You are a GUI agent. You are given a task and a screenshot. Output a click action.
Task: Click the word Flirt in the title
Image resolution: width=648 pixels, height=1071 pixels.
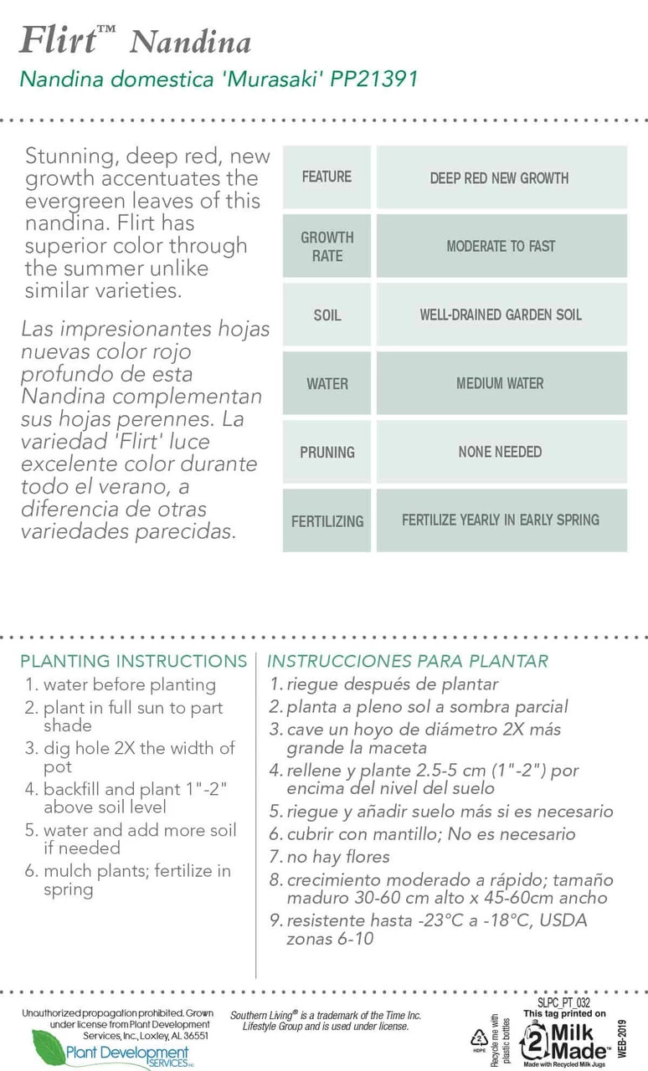click(x=57, y=39)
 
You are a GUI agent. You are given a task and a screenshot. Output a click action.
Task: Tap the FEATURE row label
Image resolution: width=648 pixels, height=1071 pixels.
click(x=327, y=177)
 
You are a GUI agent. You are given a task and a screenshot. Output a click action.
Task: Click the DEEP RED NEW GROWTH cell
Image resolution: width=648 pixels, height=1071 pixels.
click(x=500, y=178)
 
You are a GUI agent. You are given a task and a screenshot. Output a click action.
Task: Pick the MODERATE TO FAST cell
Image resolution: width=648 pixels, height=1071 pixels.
click(x=501, y=247)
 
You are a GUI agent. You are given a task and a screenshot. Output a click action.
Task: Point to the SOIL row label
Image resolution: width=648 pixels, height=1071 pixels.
click(x=327, y=315)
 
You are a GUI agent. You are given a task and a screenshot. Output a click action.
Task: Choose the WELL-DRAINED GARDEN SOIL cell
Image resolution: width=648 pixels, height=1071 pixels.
click(x=501, y=315)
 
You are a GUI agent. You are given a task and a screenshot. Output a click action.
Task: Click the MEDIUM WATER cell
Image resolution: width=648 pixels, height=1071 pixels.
click(x=501, y=384)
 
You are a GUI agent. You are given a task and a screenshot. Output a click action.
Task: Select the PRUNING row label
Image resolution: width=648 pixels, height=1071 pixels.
click(x=327, y=453)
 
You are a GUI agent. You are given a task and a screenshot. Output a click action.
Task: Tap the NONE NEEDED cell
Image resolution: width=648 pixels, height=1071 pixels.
click(x=501, y=453)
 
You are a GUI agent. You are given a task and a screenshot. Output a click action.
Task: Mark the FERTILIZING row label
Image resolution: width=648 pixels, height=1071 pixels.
click(x=327, y=521)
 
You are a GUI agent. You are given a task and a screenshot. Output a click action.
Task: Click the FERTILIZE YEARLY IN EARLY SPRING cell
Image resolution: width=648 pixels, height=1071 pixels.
click(x=501, y=520)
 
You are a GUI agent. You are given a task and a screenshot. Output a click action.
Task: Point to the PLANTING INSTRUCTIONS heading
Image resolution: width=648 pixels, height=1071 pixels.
click(x=134, y=661)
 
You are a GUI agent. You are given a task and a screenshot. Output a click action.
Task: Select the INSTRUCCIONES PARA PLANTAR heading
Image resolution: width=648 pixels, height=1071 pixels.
click(x=408, y=661)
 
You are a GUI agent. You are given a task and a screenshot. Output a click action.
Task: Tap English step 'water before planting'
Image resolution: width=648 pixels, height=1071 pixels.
click(x=129, y=684)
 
